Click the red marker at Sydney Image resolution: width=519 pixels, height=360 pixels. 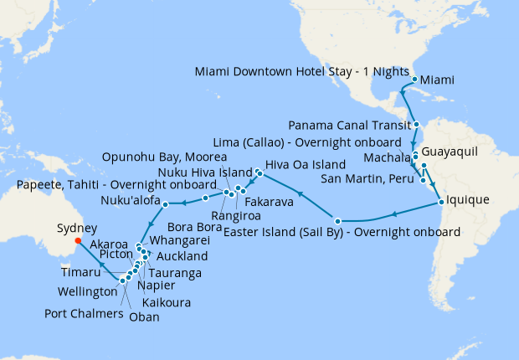[x=77, y=240]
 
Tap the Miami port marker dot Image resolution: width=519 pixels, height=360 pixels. [x=414, y=80]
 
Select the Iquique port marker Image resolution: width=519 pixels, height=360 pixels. [x=440, y=202]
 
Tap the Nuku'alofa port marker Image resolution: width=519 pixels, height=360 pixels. [x=165, y=203]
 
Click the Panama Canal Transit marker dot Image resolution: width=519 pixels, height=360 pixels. [x=416, y=124]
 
